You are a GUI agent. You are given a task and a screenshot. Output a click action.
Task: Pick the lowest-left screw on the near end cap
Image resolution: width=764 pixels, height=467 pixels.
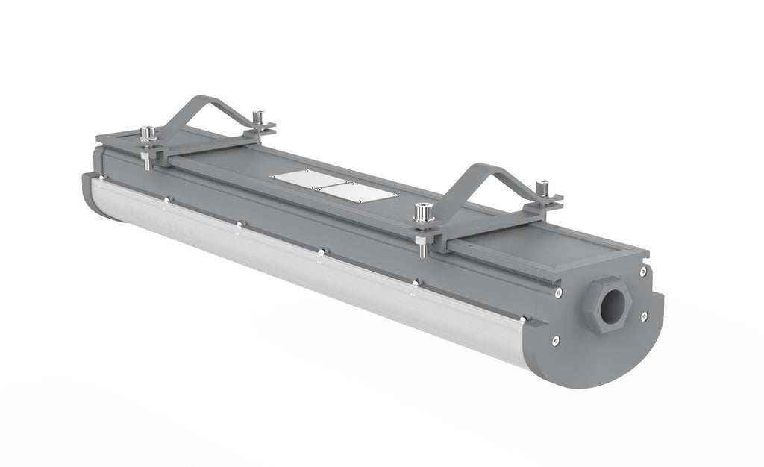pyautogui.click(x=556, y=341)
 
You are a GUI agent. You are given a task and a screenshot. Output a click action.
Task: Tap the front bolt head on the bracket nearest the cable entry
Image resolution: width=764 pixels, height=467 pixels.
pyautogui.click(x=424, y=213)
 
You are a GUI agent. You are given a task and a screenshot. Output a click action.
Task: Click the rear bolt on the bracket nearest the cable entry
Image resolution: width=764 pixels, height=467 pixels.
pyautogui.click(x=544, y=187)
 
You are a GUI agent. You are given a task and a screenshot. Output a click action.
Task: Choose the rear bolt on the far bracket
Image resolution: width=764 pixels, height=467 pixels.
pyautogui.click(x=259, y=116)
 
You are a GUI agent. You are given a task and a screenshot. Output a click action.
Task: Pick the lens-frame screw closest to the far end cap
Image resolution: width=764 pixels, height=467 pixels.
pyautogui.click(x=103, y=178)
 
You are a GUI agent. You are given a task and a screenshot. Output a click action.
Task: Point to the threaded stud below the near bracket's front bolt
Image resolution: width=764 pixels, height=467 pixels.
pyautogui.click(x=423, y=246)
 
